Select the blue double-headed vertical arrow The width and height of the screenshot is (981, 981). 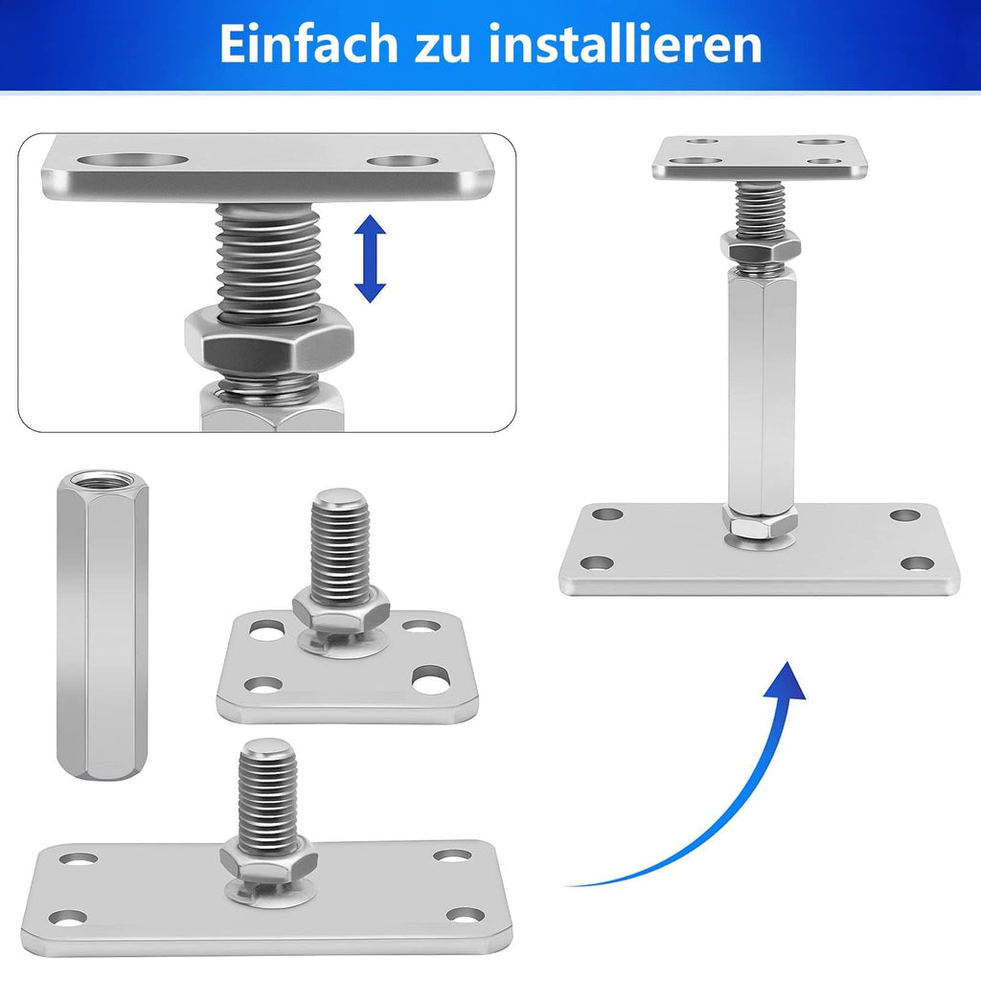370,259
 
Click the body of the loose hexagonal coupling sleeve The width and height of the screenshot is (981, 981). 102,632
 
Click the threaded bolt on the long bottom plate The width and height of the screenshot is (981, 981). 267,786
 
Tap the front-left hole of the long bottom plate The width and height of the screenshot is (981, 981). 68,918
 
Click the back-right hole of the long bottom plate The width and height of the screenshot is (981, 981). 451,855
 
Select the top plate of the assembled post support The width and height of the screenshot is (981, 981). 761,155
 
